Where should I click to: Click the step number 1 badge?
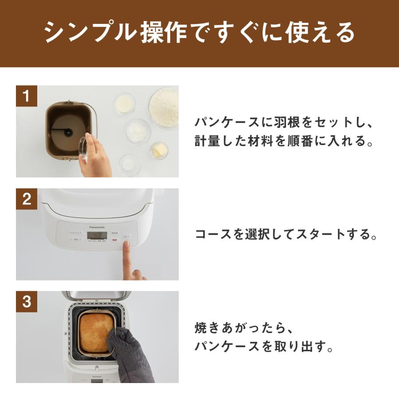pyautogui.click(x=27, y=96)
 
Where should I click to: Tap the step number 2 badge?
pyautogui.click(x=27, y=199)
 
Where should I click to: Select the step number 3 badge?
pyautogui.click(x=27, y=302)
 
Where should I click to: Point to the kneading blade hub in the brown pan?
pyautogui.click(x=68, y=132)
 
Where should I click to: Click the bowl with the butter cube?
pyautogui.click(x=159, y=151)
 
